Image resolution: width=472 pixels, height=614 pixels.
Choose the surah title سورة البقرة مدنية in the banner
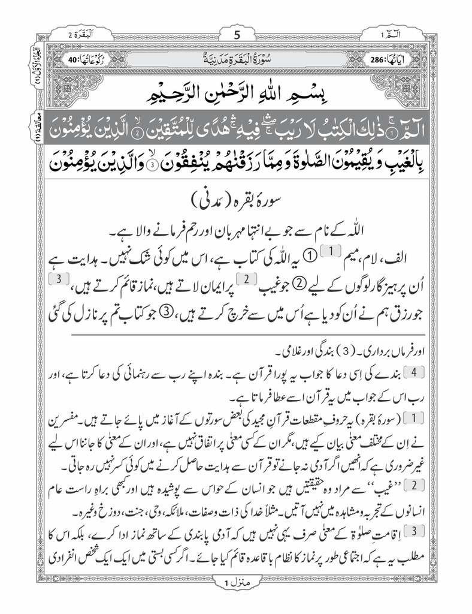coord(235,61)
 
